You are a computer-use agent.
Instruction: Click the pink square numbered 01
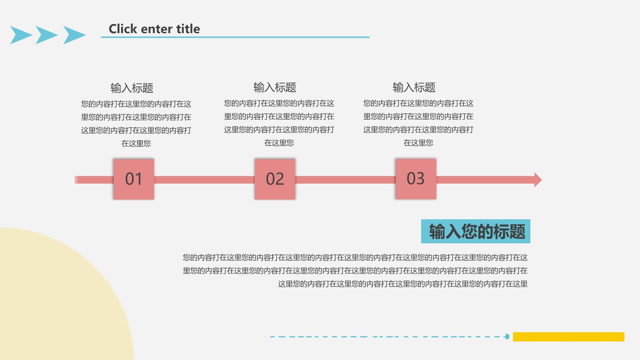point(134,179)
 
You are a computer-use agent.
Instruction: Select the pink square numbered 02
point(275,179)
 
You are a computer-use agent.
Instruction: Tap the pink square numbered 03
point(416,179)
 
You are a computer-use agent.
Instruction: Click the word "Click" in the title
point(123,29)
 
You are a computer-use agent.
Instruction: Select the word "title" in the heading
point(188,29)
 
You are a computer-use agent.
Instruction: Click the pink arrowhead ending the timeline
point(538,180)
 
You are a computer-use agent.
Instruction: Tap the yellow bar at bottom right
point(569,337)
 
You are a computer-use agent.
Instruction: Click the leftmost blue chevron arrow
point(20,35)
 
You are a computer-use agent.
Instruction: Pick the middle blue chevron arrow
point(46,35)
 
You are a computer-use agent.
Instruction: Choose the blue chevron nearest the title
point(74,35)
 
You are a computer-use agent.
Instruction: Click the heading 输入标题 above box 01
point(132,88)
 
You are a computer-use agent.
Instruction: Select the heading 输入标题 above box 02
point(275,87)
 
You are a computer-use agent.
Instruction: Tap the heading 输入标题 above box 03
point(414,87)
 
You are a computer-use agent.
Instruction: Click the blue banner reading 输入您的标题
point(476,231)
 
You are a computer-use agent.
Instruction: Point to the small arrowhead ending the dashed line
point(507,337)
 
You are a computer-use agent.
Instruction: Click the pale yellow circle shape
point(56,296)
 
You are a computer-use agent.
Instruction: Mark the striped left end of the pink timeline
point(76,180)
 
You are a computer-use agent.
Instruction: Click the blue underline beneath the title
point(235,37)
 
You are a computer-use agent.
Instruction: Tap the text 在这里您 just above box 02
point(279,143)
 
